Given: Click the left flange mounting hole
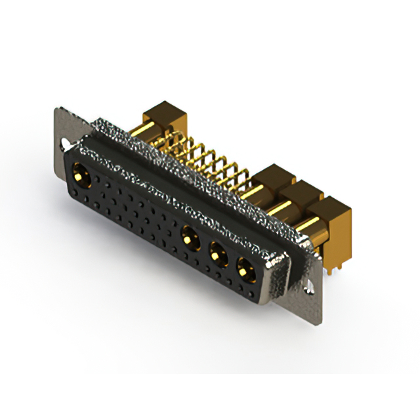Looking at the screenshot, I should point(65,141).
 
